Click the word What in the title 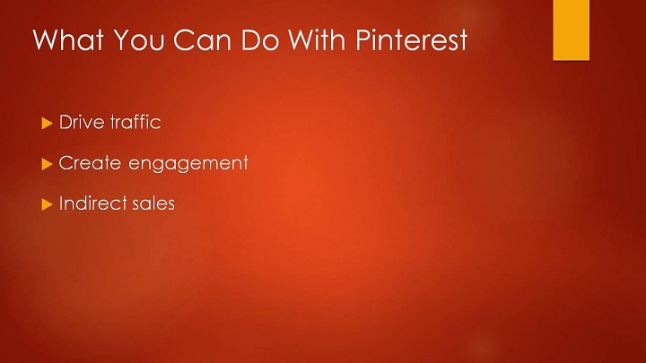[68, 39]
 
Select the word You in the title [139, 39]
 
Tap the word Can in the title [202, 39]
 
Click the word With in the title [317, 39]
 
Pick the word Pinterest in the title [412, 39]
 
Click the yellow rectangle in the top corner [571, 30]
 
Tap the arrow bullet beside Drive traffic [47, 123]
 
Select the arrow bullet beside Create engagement [47, 164]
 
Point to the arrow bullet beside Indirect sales [47, 204]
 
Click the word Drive [82, 122]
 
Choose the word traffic [135, 122]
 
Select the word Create [90, 163]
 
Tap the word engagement [188, 164]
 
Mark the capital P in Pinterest [363, 39]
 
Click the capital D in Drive [65, 122]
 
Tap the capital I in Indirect [61, 203]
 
